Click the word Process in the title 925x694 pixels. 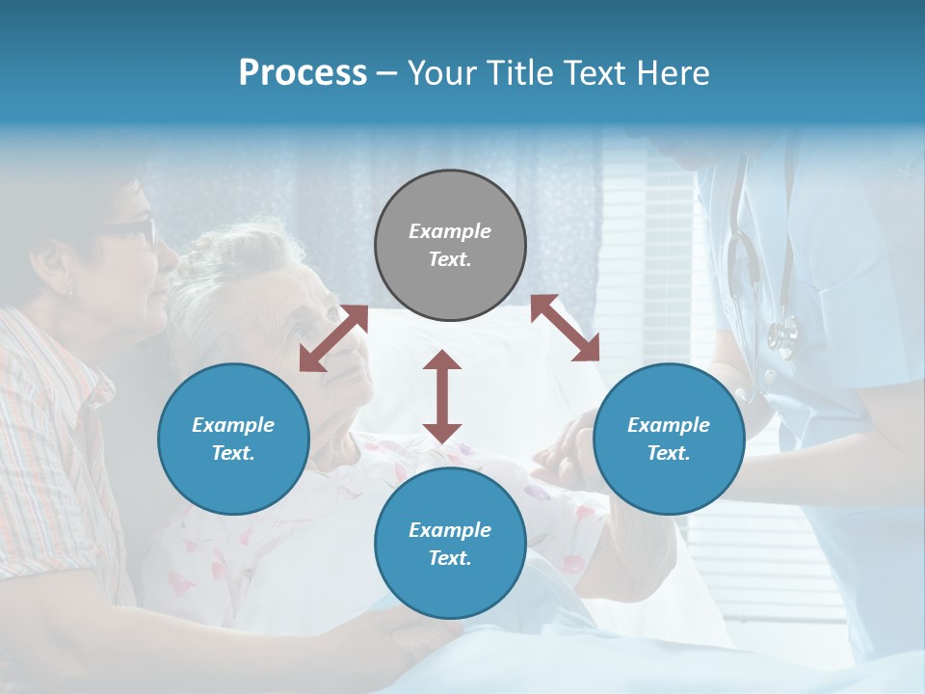coord(303,73)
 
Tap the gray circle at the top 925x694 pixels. coord(450,246)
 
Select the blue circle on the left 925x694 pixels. coord(233,440)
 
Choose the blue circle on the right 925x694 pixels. coord(669,440)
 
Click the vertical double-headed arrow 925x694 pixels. coord(442,396)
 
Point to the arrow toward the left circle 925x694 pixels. coord(333,337)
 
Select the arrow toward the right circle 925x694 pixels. coord(565,328)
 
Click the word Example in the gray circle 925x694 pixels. coord(450,231)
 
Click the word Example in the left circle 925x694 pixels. coord(233,425)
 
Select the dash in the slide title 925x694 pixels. coord(387,73)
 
